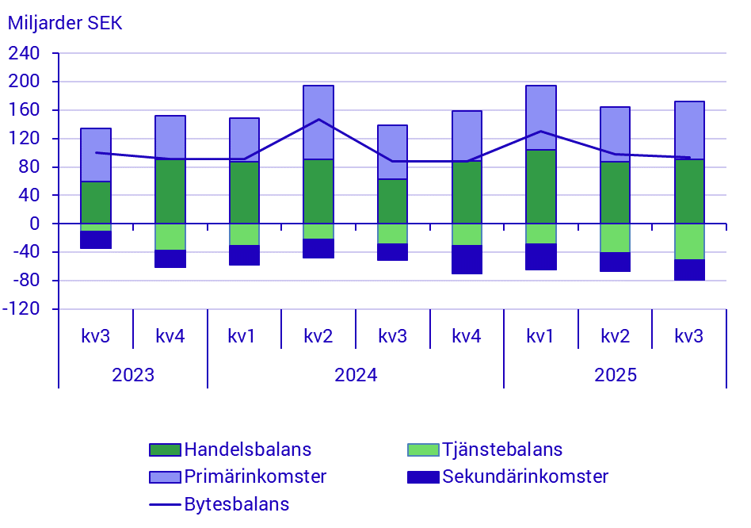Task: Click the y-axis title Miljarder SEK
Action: pos(65,23)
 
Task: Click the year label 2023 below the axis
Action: pos(133,374)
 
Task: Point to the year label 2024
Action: pos(356,374)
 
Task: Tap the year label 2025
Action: pos(616,374)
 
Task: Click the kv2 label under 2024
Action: pos(318,335)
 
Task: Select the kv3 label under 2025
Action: pos(689,335)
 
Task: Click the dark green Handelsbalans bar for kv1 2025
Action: pos(541,186)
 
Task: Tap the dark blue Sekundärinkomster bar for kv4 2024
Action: pos(467,259)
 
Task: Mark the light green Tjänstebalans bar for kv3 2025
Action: pos(689,241)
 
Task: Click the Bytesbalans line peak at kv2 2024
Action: pos(318,120)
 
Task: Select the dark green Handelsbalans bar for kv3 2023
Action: pos(96,202)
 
